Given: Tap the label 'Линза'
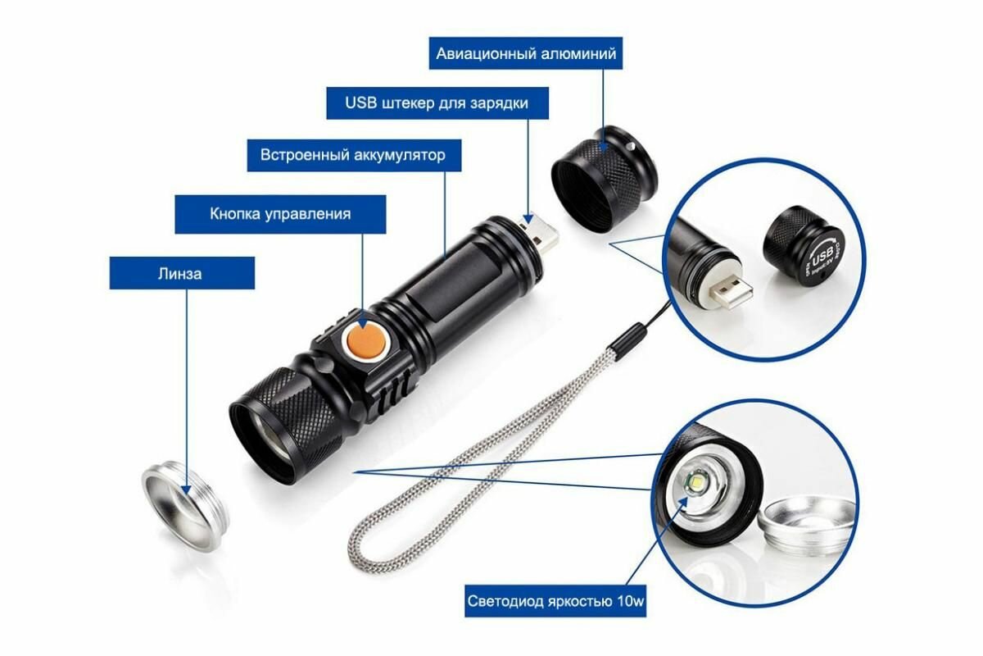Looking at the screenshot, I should pyautogui.click(x=181, y=273).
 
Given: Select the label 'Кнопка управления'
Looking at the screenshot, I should pyautogui.click(x=280, y=214).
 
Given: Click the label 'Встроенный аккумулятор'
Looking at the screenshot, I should pyautogui.click(x=353, y=155).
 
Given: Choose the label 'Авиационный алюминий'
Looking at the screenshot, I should pyautogui.click(x=526, y=54).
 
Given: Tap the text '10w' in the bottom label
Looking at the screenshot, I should pyautogui.click(x=629, y=602).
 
